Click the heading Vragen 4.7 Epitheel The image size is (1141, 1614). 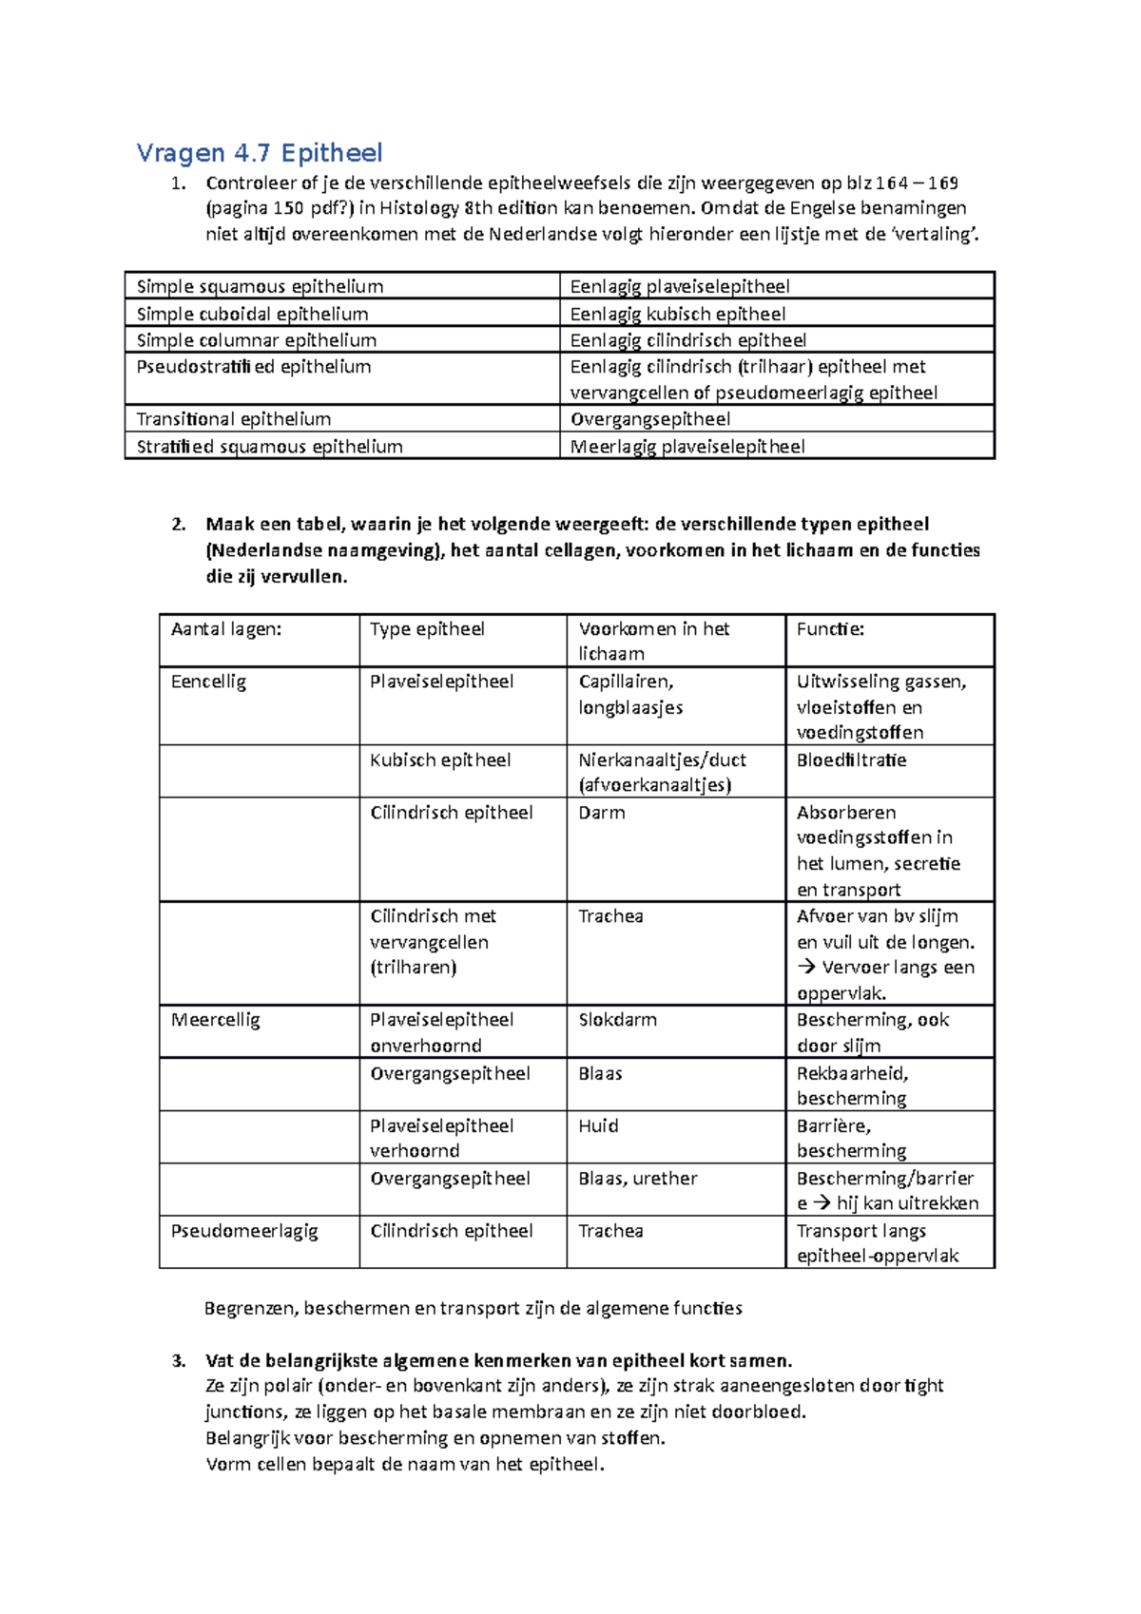[x=259, y=153]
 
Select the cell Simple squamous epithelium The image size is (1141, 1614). [x=260, y=286]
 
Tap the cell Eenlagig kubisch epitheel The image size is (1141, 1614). [x=677, y=314]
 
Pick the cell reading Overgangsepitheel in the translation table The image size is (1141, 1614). [x=650, y=419]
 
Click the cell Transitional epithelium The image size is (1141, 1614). [x=234, y=419]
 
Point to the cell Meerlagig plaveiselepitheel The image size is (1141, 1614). [x=687, y=446]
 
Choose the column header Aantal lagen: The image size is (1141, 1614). [x=226, y=629]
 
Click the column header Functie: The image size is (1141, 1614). [x=830, y=629]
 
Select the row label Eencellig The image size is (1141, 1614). [x=208, y=682]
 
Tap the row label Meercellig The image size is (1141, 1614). [x=215, y=1020]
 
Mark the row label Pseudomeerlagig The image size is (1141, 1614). [x=244, y=1231]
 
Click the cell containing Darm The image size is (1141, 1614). [x=602, y=813]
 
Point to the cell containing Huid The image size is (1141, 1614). [x=598, y=1125]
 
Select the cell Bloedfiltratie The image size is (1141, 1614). [x=851, y=760]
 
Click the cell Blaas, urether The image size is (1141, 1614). [x=637, y=1179]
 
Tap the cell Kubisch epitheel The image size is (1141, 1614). [x=440, y=760]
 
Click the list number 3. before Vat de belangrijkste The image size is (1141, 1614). [x=179, y=1360]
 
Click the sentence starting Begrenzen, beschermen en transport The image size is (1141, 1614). [x=473, y=1308]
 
